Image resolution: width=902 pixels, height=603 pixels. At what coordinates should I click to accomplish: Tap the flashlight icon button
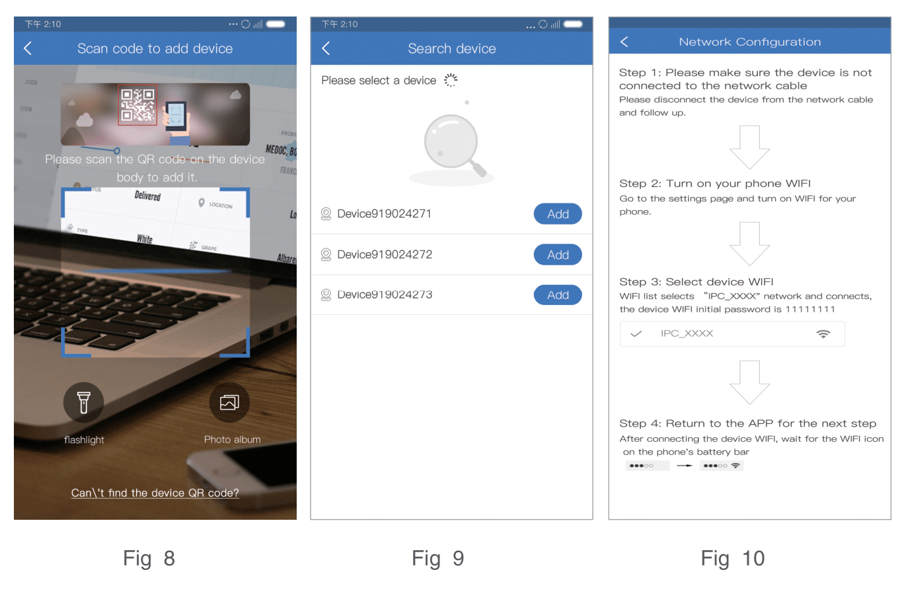coord(83,402)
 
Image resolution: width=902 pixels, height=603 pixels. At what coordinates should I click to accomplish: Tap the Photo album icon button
coord(229,402)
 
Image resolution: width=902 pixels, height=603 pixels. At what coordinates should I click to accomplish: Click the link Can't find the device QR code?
coord(155,493)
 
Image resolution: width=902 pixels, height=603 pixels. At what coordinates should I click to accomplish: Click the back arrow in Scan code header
coord(28,48)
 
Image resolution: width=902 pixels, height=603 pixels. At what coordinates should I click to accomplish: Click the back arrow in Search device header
coord(326,48)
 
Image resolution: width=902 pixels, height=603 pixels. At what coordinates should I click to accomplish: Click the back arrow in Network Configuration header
coord(624,42)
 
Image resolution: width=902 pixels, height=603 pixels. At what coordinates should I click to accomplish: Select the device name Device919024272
coord(385,254)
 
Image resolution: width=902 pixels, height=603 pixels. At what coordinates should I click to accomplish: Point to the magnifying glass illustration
coord(453,145)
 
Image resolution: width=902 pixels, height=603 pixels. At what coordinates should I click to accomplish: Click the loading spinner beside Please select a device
coord(451,80)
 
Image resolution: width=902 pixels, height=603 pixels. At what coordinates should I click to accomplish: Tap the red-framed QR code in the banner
coord(137,105)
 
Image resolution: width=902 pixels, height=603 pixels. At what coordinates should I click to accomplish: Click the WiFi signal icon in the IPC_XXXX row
coord(823,334)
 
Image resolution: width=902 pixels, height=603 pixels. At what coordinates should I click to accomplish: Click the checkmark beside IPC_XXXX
coord(636,334)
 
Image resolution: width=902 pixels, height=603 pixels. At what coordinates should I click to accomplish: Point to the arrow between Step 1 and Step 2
coord(749,147)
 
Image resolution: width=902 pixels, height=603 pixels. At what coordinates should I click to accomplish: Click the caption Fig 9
coord(437,559)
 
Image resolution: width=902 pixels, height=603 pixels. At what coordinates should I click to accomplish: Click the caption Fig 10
coord(732,559)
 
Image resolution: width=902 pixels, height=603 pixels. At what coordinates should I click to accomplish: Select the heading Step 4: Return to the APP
coord(747,423)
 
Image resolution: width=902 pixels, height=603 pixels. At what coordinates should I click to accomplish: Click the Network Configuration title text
coord(749,42)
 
